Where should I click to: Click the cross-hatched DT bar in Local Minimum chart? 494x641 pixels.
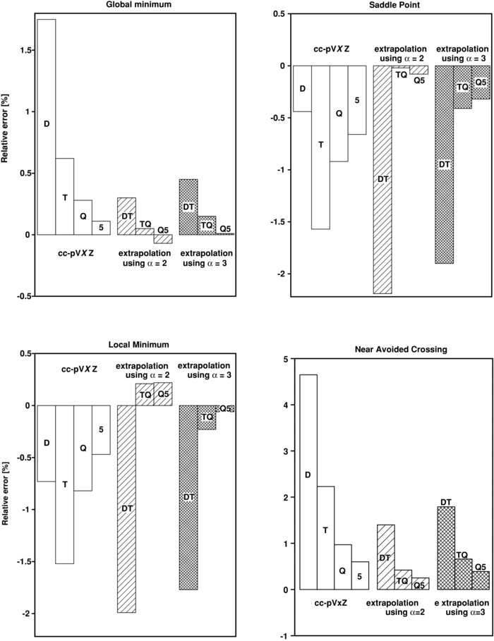coord(188,497)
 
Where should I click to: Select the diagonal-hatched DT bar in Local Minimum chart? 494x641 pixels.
coord(126,508)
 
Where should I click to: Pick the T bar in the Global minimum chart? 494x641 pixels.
coord(65,197)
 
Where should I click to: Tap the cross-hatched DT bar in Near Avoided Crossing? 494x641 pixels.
coord(446,548)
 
